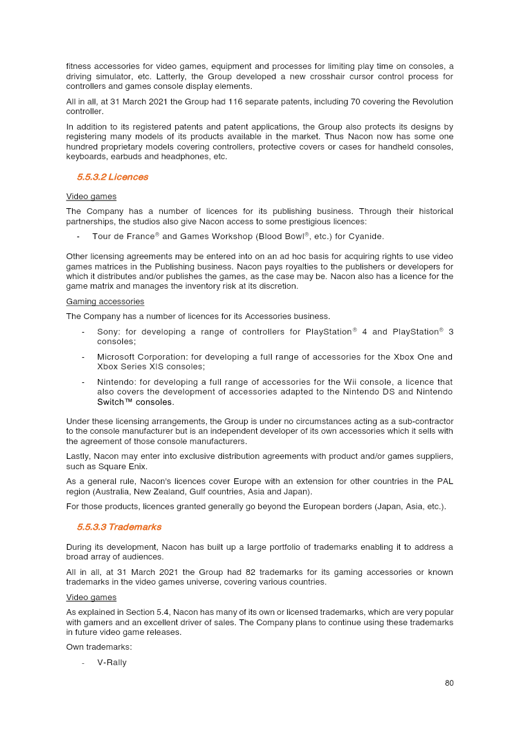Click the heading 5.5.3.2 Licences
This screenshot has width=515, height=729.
[x=113, y=177]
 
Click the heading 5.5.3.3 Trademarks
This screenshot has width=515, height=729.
[x=119, y=527]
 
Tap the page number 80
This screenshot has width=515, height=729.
[x=449, y=683]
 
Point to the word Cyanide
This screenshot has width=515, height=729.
[x=366, y=237]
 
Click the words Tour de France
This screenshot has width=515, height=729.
[x=123, y=237]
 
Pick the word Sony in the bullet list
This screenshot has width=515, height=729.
[x=108, y=332]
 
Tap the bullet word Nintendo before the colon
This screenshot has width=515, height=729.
[x=116, y=382]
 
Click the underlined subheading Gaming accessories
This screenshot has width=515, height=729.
[x=105, y=302]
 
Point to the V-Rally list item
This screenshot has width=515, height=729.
[x=111, y=663]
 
